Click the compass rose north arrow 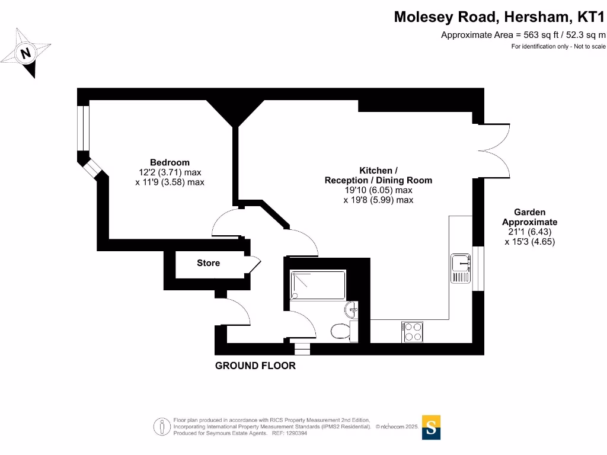tap(25, 53)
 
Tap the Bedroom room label tap(170, 162)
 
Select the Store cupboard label tap(208, 263)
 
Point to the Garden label tap(529, 212)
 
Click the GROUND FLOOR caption tap(255, 366)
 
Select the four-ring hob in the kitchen tap(413, 331)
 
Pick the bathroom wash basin tap(351, 309)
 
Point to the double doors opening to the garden tap(495, 150)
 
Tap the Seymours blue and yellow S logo tap(431, 427)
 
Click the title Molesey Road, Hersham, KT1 tap(499, 17)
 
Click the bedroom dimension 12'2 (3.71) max tap(170, 172)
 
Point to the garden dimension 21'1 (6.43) tap(529, 232)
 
